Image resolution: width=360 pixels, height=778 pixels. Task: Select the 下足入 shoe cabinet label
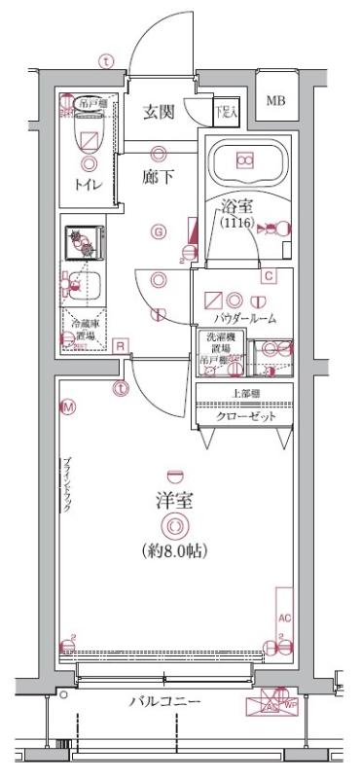click(x=225, y=111)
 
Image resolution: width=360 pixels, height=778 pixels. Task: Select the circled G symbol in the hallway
click(x=157, y=230)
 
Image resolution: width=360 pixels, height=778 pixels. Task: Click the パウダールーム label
click(x=244, y=317)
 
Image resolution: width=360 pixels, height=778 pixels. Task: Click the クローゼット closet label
click(x=244, y=416)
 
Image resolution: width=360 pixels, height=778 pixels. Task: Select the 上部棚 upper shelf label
click(x=244, y=394)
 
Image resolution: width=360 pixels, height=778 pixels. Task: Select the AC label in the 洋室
click(x=285, y=618)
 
